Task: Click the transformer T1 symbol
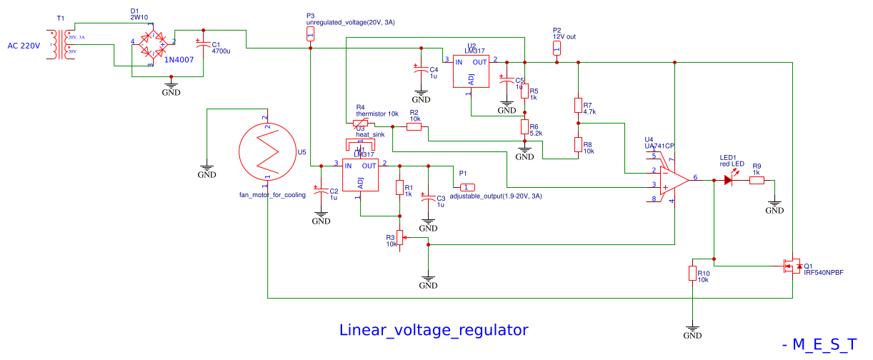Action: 61,44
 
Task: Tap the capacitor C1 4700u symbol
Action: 204,46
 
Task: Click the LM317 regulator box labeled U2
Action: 471,71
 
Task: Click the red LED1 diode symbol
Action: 729,181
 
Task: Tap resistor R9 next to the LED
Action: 756,181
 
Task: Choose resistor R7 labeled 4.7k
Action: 578,106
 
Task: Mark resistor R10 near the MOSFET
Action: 692,274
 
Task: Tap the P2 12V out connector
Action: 557,48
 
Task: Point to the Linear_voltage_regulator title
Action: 434,330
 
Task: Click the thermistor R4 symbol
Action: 360,123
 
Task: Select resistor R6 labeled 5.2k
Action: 524,127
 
